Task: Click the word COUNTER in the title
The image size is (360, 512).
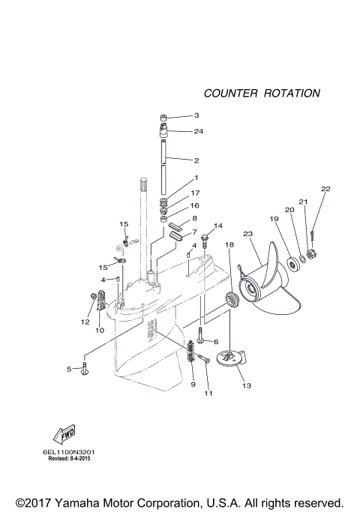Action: (x=229, y=94)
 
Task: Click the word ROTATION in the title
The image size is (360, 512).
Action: (x=292, y=94)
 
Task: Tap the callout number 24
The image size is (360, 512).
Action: (x=198, y=131)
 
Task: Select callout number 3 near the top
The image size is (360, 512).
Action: (x=196, y=115)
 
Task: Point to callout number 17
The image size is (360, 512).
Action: (x=194, y=193)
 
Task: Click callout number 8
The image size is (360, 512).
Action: (x=194, y=218)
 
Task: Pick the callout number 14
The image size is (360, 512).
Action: (x=218, y=225)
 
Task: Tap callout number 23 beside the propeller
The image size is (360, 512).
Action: (x=247, y=234)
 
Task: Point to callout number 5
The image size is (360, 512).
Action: (x=68, y=369)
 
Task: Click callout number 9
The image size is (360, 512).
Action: (x=192, y=384)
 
